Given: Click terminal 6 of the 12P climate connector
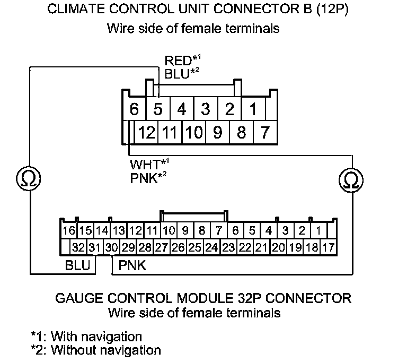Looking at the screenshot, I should [134, 110].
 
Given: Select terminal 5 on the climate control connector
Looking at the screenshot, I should [157, 110].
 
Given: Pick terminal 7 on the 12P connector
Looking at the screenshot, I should [266, 132].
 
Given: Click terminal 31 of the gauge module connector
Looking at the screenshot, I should [95, 247].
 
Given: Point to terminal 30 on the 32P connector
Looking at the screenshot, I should [111, 247].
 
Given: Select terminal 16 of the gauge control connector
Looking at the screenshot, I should [69, 231].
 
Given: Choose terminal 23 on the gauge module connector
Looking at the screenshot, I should [228, 247].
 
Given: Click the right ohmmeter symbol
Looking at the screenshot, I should [350, 180].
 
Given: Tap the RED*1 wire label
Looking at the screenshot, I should [178, 61].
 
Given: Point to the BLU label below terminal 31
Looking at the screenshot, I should [77, 265].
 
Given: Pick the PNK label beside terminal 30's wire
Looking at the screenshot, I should [132, 265].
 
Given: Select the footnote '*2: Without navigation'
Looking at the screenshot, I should [95, 350].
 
